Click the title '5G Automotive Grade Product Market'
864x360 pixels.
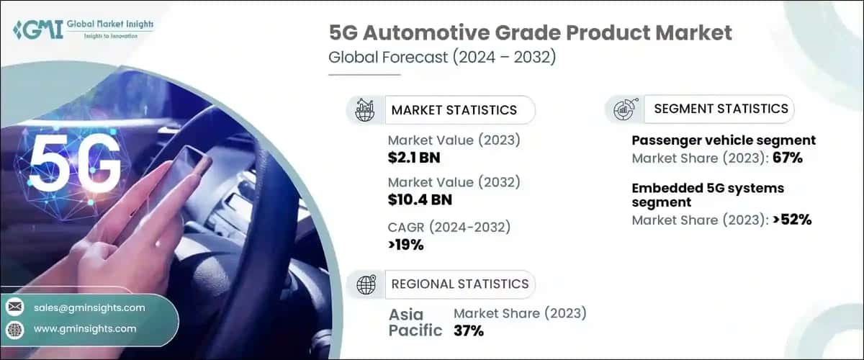(530, 33)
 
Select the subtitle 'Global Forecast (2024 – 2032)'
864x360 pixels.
(442, 58)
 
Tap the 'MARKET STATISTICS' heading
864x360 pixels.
(454, 110)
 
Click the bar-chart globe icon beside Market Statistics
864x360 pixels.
(366, 110)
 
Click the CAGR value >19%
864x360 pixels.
(405, 244)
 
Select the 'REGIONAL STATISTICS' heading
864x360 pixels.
(459, 284)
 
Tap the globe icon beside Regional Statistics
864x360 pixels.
(366, 284)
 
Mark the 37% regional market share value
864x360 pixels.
(468, 330)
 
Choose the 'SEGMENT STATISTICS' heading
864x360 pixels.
(721, 109)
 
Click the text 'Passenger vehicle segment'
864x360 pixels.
(724, 140)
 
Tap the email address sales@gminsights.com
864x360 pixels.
(89, 307)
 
